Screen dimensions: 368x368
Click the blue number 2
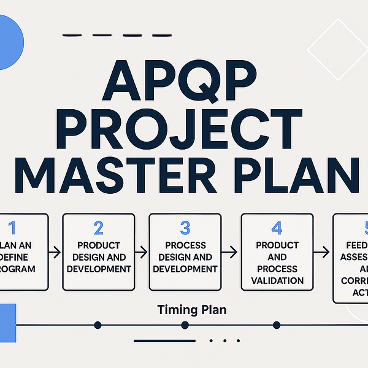(98, 229)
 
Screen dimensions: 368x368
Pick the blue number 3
(185, 229)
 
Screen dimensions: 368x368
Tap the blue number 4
(277, 229)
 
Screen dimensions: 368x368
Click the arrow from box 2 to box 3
(142, 252)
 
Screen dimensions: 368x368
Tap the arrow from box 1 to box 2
(55, 252)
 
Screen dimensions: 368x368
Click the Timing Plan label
(191, 310)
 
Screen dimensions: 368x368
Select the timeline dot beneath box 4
(276, 324)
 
